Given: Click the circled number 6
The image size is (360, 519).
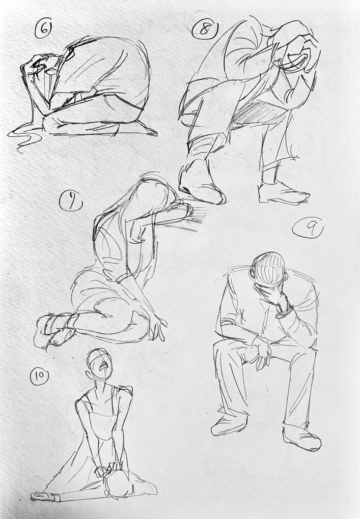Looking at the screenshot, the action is coord(43,30).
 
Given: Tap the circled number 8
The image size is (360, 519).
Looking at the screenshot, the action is coord(205,30).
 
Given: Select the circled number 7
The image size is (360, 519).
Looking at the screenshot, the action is coord(71,201).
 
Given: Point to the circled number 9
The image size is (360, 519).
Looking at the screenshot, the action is coord(308,228).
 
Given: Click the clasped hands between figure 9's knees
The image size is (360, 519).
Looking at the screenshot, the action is coord(262,351).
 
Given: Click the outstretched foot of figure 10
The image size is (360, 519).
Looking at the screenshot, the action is coord(44,496).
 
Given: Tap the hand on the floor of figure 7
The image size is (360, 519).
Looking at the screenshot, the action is coord(157,327).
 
